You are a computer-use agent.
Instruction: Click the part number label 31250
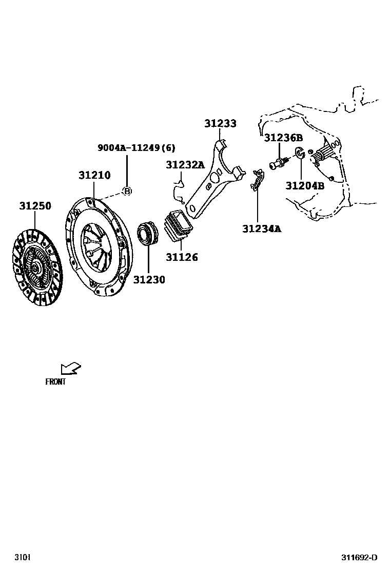(x=35, y=206)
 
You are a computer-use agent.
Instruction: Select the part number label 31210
(x=94, y=175)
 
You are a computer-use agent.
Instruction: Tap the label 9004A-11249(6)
(x=136, y=148)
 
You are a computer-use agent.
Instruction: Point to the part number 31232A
(x=185, y=165)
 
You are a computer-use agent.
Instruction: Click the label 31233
(x=220, y=124)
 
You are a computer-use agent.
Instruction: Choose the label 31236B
(x=283, y=138)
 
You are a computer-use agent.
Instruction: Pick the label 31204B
(x=305, y=185)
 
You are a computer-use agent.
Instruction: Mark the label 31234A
(x=262, y=229)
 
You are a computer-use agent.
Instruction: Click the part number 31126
(x=181, y=257)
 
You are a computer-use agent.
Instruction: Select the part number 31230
(x=149, y=280)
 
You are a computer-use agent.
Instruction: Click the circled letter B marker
(x=127, y=191)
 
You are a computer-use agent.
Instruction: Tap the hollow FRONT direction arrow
(x=70, y=368)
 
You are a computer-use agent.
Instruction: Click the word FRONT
(x=55, y=382)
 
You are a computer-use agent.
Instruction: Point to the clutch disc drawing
(x=36, y=267)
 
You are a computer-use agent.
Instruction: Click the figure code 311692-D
(x=360, y=558)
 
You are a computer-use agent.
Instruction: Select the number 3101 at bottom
(x=22, y=558)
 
